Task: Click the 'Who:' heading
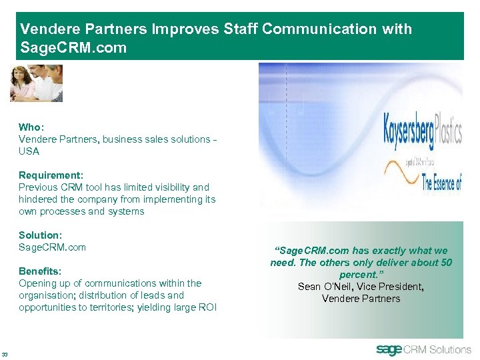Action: (x=31, y=127)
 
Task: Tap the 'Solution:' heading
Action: (x=40, y=235)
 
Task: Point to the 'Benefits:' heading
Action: (x=40, y=271)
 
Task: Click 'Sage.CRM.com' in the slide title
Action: (x=73, y=49)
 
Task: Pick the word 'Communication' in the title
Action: (x=319, y=29)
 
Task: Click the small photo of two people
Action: (x=36, y=83)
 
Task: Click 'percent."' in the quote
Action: (x=361, y=275)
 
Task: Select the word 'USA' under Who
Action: (x=29, y=151)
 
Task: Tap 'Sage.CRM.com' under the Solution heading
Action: (x=52, y=247)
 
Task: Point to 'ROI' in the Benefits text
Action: (x=207, y=307)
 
